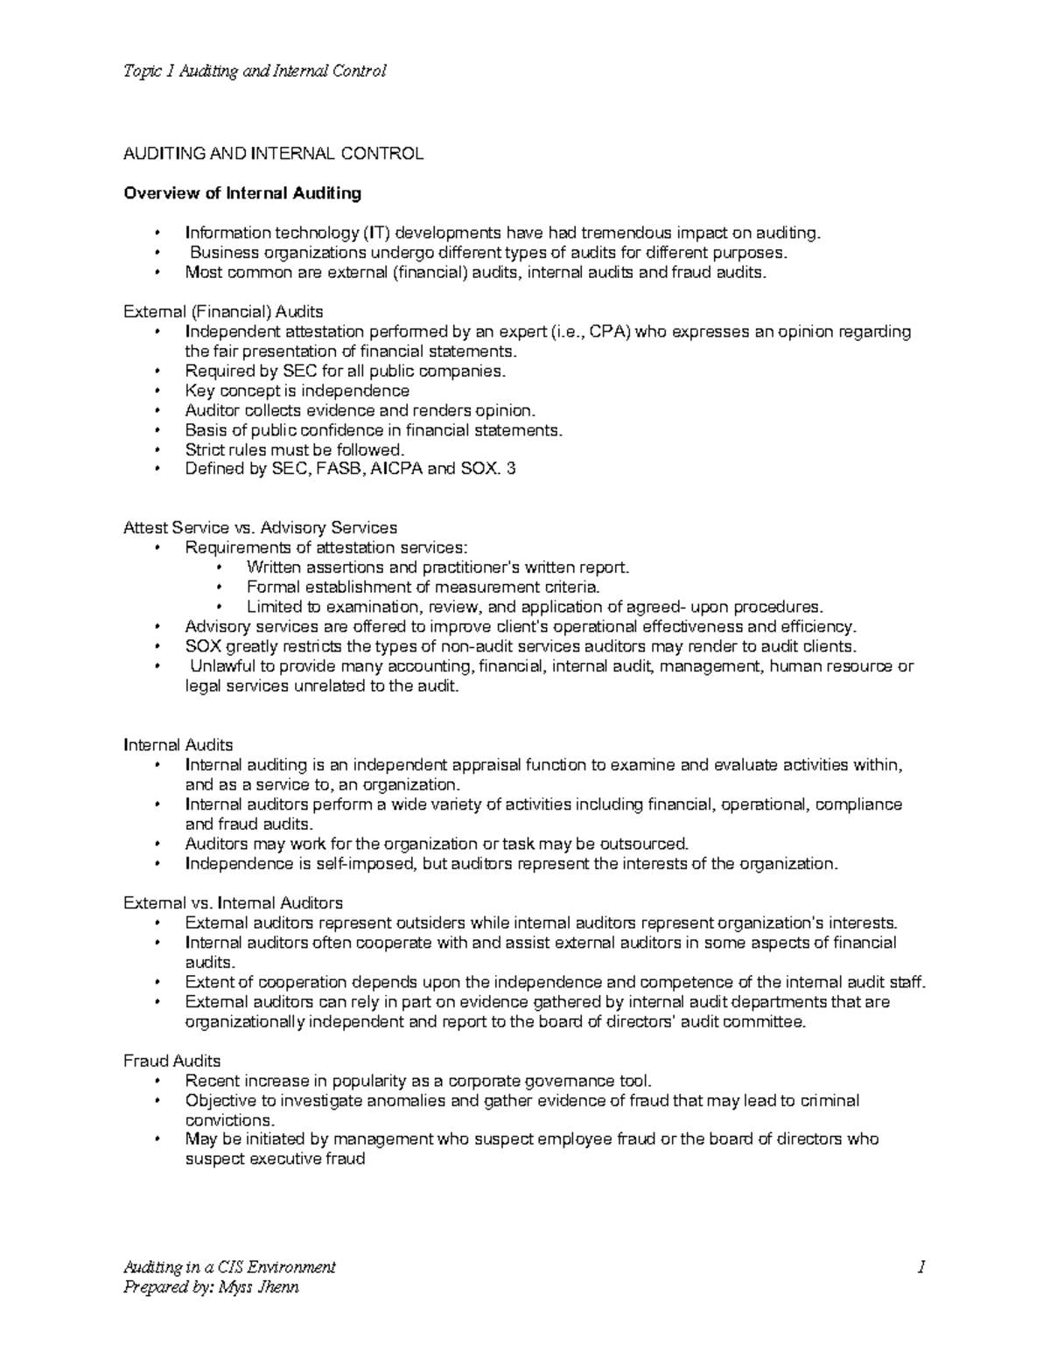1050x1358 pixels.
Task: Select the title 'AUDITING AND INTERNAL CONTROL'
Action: pos(273,154)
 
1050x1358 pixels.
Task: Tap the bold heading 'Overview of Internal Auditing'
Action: pos(242,192)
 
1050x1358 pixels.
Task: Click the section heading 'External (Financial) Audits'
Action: pos(224,311)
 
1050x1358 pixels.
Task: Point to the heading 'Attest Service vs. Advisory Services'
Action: pos(261,528)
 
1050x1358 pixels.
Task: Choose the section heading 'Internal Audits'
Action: pos(178,745)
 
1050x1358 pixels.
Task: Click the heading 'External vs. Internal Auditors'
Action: pos(234,902)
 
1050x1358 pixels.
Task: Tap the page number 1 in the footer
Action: pos(921,1267)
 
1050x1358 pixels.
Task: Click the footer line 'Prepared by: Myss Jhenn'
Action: pos(212,1286)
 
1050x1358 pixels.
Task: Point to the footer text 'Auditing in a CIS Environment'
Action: pos(230,1267)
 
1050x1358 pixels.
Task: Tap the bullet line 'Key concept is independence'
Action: pos(297,391)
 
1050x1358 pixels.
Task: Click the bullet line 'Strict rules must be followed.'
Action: pos(295,449)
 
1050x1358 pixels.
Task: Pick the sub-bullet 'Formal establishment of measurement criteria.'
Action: pos(423,587)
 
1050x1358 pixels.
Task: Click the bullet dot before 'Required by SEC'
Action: pos(157,372)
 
